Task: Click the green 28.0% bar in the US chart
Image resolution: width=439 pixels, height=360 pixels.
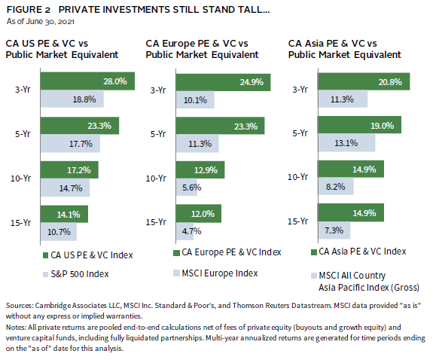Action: point(87,81)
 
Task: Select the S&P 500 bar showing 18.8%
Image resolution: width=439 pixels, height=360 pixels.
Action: point(72,99)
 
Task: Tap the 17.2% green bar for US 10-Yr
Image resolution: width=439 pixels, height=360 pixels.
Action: point(69,169)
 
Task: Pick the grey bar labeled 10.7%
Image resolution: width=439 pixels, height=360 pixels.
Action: point(59,231)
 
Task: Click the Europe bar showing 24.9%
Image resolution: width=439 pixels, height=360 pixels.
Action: point(224,82)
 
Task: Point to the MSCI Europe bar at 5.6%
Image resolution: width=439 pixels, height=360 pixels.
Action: point(187,187)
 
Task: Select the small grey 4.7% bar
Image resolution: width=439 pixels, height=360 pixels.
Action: point(185,231)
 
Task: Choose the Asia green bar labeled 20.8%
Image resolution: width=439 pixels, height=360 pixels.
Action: point(364,81)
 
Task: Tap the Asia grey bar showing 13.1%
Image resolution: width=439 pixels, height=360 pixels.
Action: point(346,143)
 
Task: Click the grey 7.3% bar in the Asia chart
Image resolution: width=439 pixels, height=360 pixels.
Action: point(334,230)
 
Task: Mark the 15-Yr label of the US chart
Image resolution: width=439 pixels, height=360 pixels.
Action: point(21,223)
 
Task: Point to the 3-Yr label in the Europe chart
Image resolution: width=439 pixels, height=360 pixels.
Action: point(158,90)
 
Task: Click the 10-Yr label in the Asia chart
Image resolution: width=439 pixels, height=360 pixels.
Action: point(298,177)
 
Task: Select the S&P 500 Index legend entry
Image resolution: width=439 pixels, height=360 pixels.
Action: point(76,274)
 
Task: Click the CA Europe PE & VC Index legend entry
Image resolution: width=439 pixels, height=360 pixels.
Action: point(227,252)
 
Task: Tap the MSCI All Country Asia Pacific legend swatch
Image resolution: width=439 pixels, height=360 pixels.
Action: point(314,276)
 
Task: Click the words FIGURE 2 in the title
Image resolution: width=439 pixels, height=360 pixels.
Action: point(29,10)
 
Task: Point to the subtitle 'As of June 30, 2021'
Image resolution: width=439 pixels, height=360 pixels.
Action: point(41,22)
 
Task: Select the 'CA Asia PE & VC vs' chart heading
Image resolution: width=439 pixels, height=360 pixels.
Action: point(333,44)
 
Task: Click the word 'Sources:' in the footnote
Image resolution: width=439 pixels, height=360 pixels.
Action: point(20,306)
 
